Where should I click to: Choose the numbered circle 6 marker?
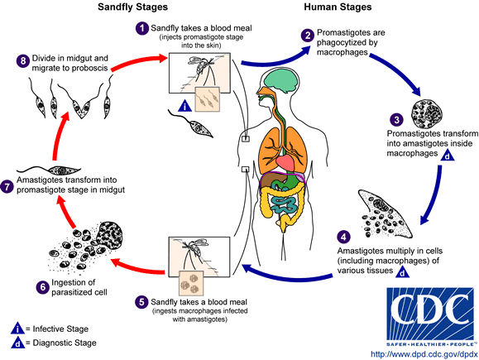pos(21,286)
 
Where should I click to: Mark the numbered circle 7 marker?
pos(9,187)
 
